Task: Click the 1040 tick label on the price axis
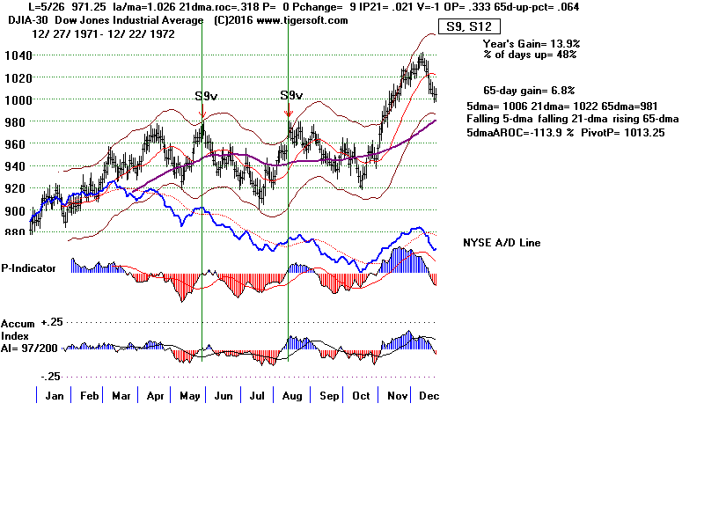pos(15,55)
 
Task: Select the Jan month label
pos(55,397)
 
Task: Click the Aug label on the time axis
pos(292,397)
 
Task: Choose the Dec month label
pos(430,397)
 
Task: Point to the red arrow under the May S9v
pos(202,111)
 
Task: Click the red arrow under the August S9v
pos(289,111)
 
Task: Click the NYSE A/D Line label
pos(501,243)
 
